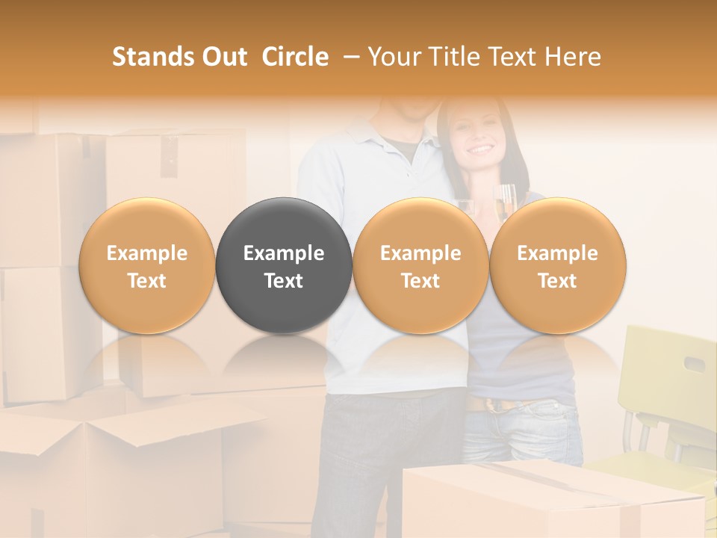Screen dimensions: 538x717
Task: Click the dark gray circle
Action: coord(284,266)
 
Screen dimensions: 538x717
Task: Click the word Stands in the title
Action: coord(153,57)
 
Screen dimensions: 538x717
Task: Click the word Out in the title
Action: coord(225,57)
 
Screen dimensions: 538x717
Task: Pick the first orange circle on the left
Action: coord(147,266)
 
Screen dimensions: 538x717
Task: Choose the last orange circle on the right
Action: coord(557,266)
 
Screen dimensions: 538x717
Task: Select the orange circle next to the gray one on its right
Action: coord(420,266)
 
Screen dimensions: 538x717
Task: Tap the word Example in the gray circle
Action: coord(284,253)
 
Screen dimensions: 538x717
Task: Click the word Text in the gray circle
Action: coord(284,281)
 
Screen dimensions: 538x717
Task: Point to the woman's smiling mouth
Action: coord(481,150)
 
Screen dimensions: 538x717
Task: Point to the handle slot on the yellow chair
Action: coord(695,365)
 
